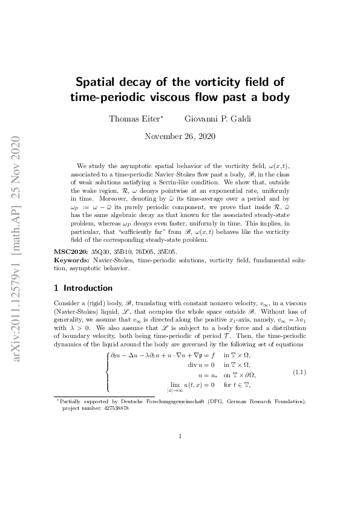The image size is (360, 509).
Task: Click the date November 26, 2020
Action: click(180, 137)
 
